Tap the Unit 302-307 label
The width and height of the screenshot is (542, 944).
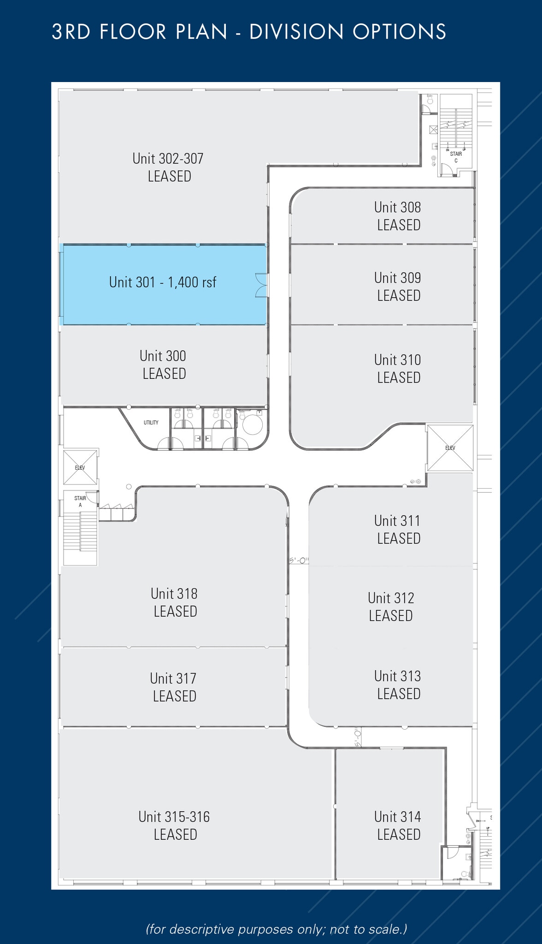(x=168, y=167)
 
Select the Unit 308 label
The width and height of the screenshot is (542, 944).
(x=398, y=216)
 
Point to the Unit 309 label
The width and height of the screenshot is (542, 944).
(x=398, y=287)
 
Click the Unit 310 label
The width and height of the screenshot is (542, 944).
(x=398, y=369)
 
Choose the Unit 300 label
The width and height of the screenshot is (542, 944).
(x=163, y=365)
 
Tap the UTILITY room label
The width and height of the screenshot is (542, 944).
(x=151, y=423)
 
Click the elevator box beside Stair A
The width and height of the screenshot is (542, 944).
(x=80, y=467)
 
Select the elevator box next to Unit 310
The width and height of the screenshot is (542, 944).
(x=450, y=448)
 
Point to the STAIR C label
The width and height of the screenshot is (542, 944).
(x=456, y=157)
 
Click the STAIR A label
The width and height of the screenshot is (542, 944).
(x=80, y=501)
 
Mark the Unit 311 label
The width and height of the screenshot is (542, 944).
(x=398, y=530)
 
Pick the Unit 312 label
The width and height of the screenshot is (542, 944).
(x=391, y=607)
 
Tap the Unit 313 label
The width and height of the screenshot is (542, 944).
(x=398, y=685)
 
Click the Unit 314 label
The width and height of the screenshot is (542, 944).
(x=398, y=826)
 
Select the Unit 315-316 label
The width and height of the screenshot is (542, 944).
(x=174, y=826)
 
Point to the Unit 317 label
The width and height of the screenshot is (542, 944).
(x=174, y=687)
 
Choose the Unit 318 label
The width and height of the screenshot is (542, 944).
(x=174, y=602)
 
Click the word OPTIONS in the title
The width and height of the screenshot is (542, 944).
(x=399, y=32)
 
